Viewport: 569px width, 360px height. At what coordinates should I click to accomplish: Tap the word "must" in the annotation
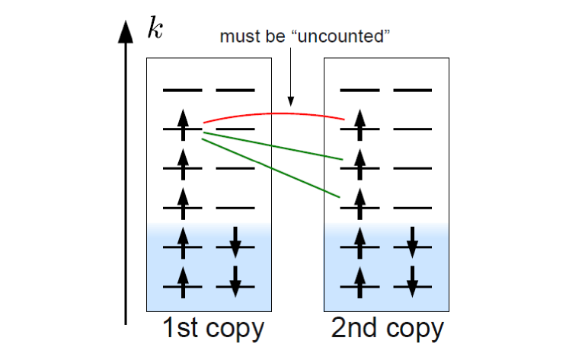click(x=235, y=36)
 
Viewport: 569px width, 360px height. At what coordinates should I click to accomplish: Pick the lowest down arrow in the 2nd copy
click(x=411, y=282)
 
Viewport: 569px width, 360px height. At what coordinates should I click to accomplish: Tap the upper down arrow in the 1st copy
click(x=235, y=242)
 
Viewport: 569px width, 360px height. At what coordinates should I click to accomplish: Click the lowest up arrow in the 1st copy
click(x=182, y=282)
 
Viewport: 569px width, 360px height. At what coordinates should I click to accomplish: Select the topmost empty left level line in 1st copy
click(x=182, y=91)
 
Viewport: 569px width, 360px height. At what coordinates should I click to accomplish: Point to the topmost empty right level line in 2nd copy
click(x=411, y=91)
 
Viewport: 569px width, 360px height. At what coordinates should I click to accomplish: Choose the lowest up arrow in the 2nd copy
click(x=360, y=282)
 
